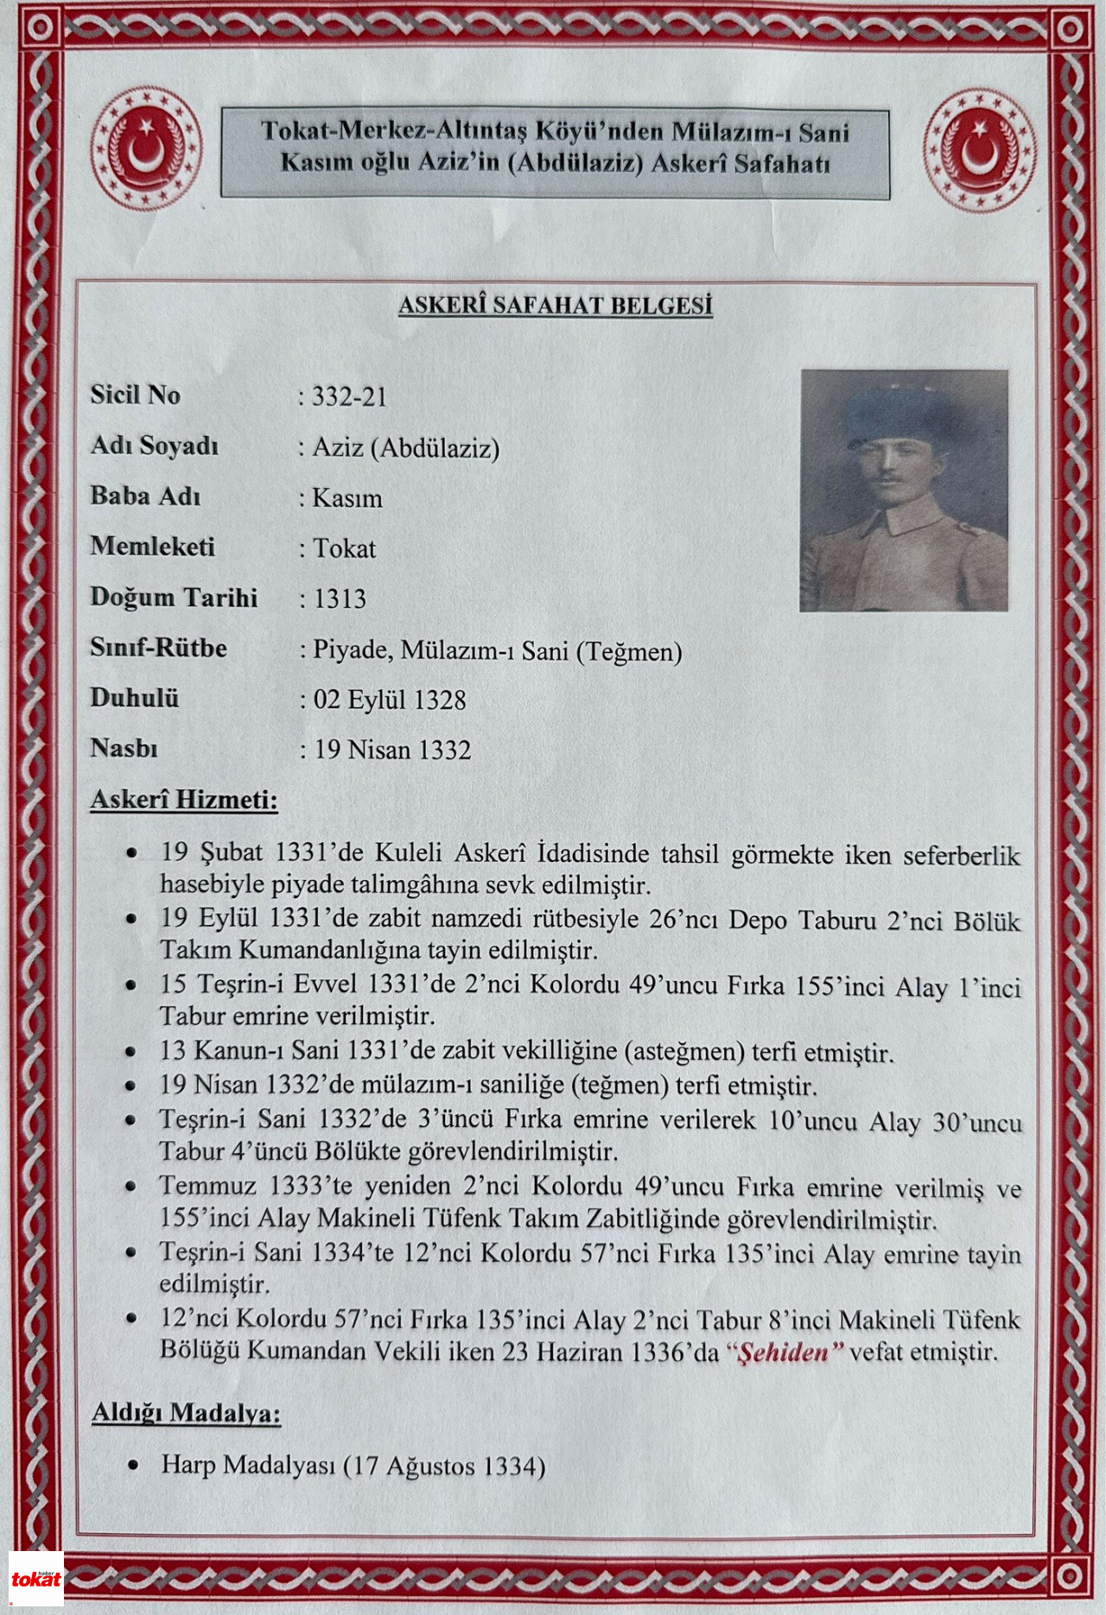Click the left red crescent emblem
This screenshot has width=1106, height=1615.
[146, 152]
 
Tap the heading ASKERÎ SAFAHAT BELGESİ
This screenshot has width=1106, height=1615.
[555, 306]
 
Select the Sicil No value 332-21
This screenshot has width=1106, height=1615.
[349, 397]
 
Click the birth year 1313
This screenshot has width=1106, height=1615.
[340, 598]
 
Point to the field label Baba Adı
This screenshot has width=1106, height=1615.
[145, 497]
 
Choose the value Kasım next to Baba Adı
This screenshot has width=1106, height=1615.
[347, 498]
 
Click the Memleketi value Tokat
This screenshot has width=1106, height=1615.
[344, 548]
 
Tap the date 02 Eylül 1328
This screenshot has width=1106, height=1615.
[389, 700]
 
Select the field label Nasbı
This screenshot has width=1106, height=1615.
[124, 748]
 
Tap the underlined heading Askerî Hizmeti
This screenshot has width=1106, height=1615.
[184, 800]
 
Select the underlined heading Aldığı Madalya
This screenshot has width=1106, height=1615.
[186, 1413]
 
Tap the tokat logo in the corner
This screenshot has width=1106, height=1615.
[35, 1580]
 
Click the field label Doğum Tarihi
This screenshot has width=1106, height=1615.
[174, 598]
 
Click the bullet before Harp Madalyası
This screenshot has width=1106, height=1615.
[132, 1466]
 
